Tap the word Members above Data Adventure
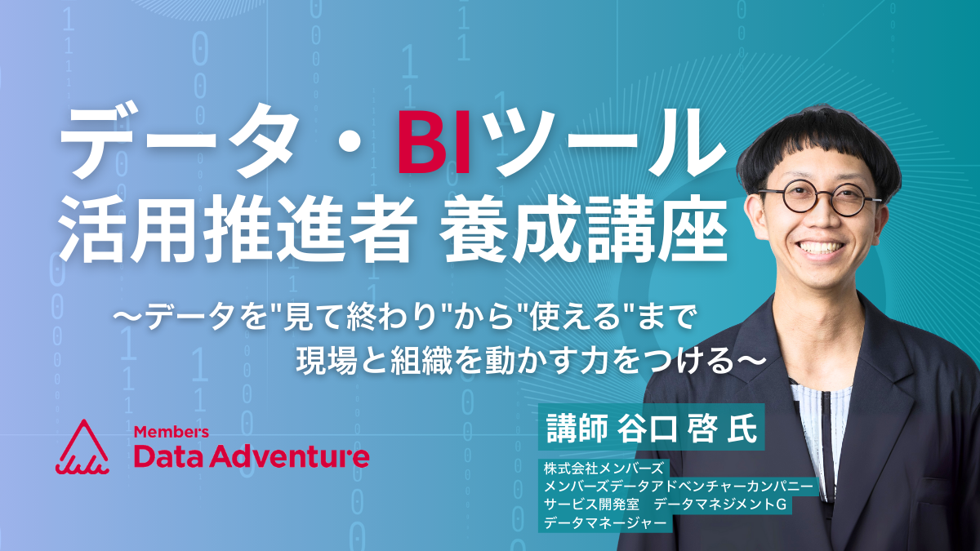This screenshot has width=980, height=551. click(x=171, y=432)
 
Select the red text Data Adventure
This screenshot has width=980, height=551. click(x=252, y=456)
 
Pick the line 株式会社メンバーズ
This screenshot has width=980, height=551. click(x=604, y=469)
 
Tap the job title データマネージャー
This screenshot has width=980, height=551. click(x=605, y=522)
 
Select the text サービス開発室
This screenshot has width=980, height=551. click(x=591, y=504)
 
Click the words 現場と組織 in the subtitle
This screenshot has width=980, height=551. click(x=374, y=361)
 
